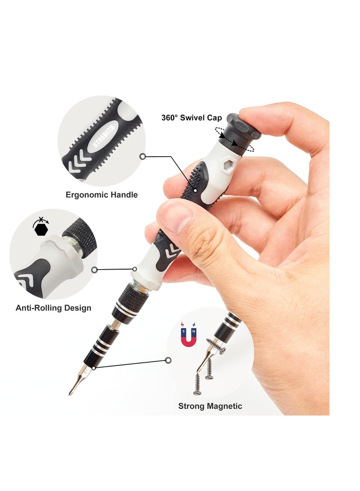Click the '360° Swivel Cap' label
(191, 118)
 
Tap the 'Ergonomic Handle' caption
(102, 195)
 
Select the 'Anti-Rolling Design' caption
(54, 308)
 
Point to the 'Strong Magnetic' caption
(210, 406)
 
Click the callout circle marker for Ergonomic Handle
(143, 157)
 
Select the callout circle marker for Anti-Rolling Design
(94, 270)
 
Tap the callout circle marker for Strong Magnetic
(168, 360)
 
